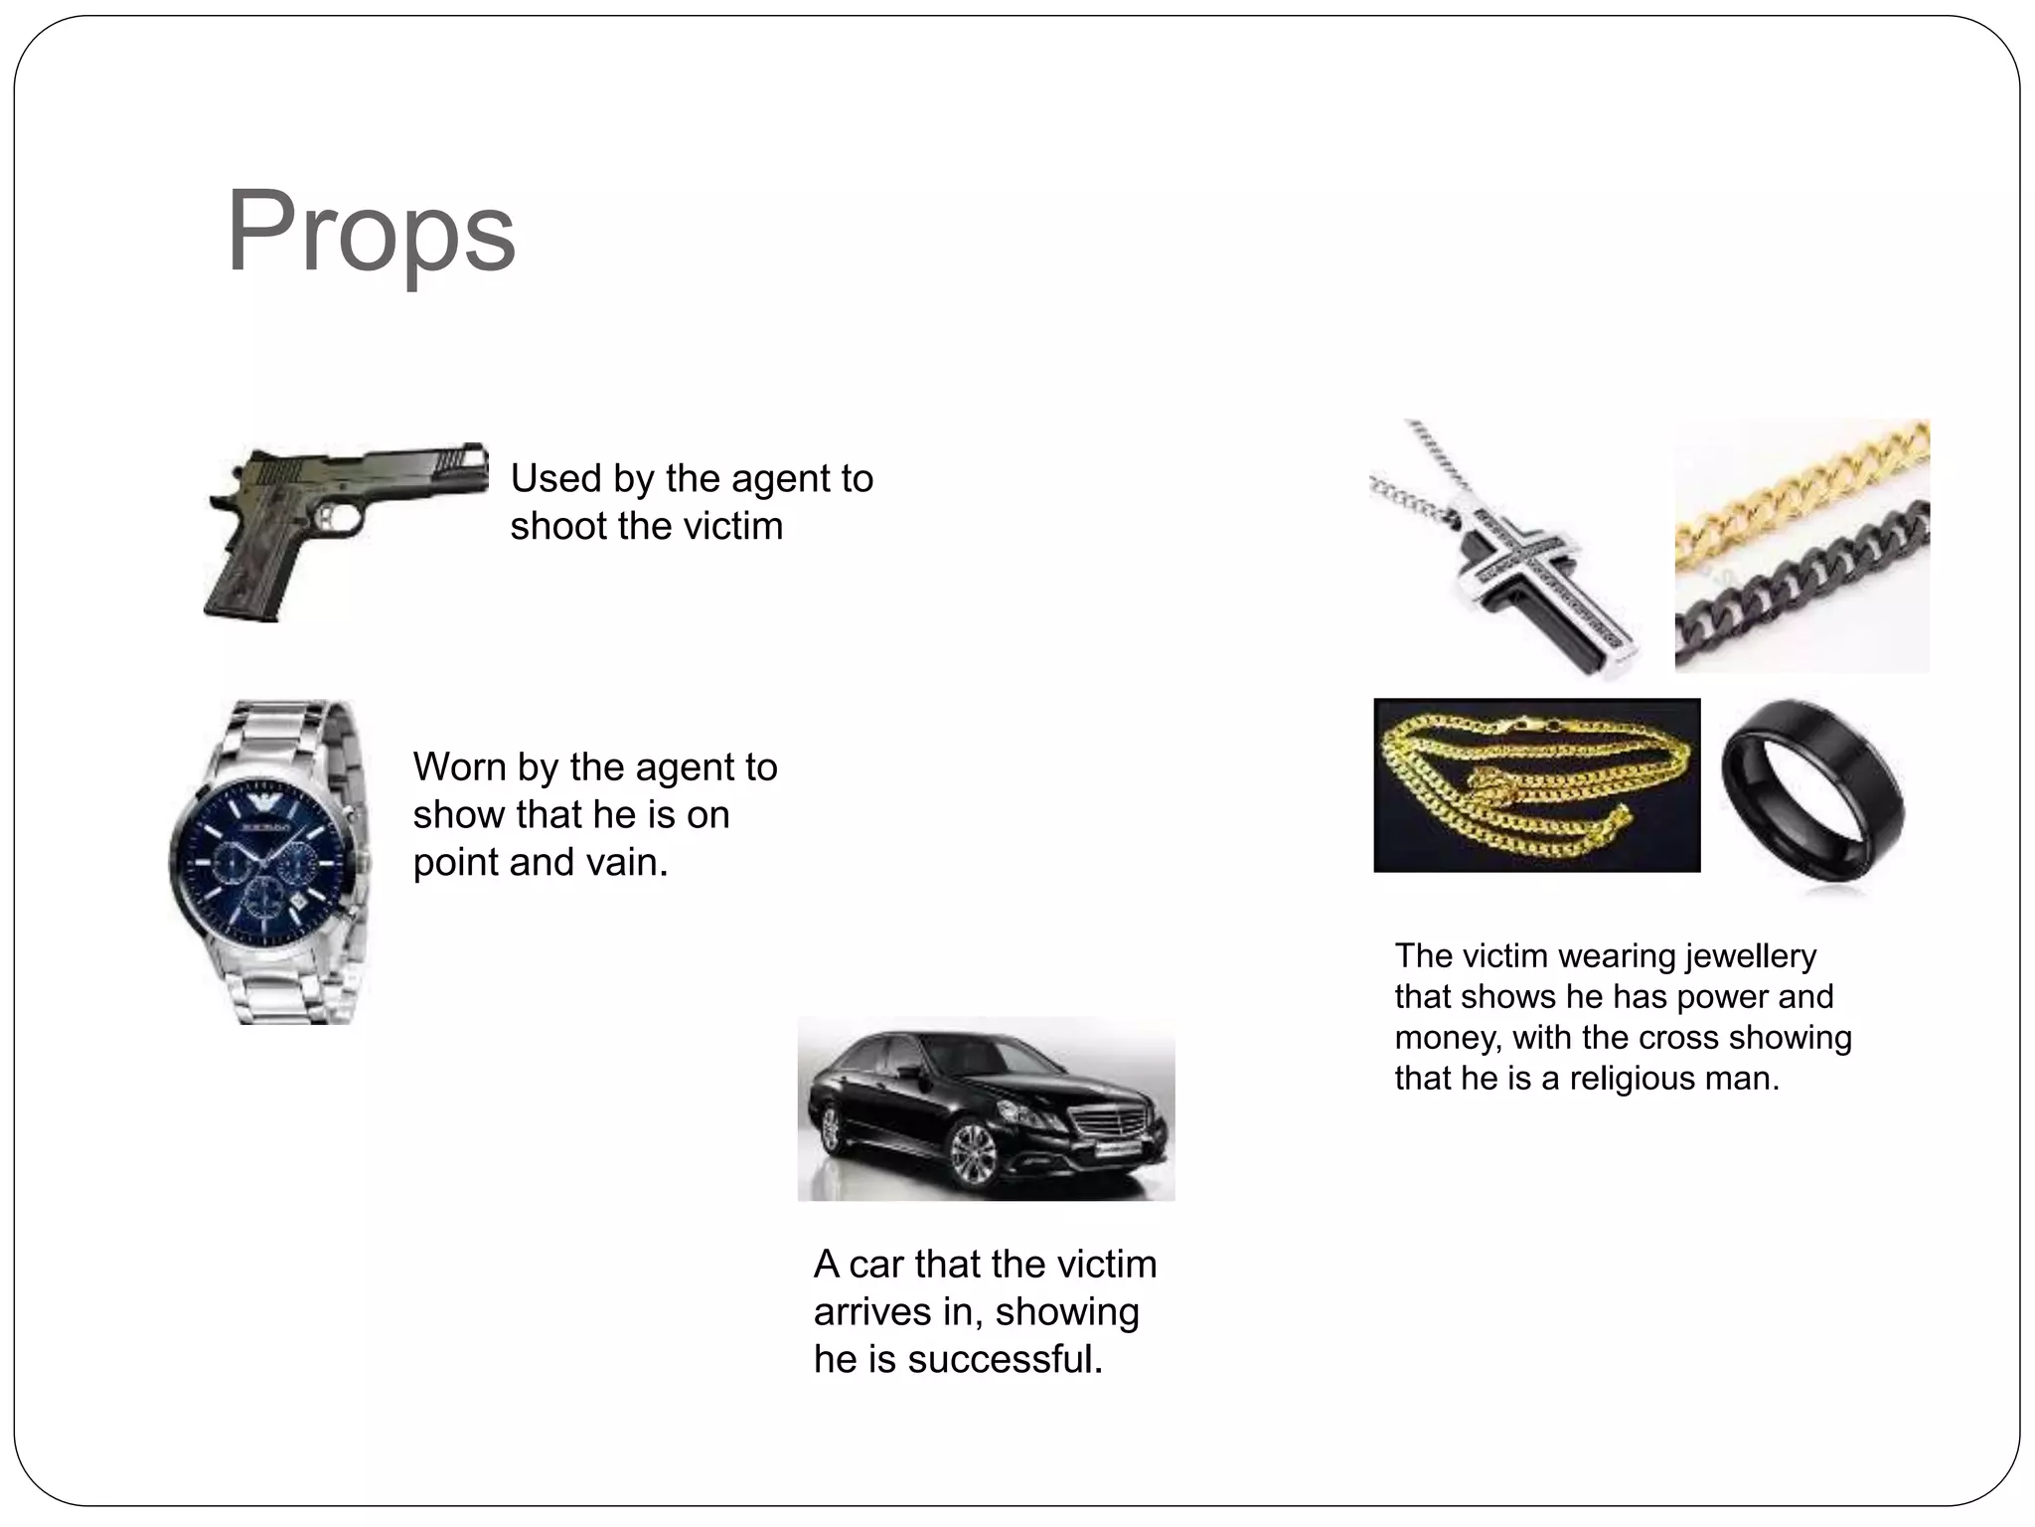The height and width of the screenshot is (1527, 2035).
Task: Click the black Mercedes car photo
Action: [x=986, y=1108]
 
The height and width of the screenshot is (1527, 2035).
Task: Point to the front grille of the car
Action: [x=1117, y=1128]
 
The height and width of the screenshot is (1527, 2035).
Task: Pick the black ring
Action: [x=1813, y=790]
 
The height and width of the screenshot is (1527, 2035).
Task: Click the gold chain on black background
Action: [x=1536, y=785]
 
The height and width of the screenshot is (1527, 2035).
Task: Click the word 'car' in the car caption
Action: [x=877, y=1265]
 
